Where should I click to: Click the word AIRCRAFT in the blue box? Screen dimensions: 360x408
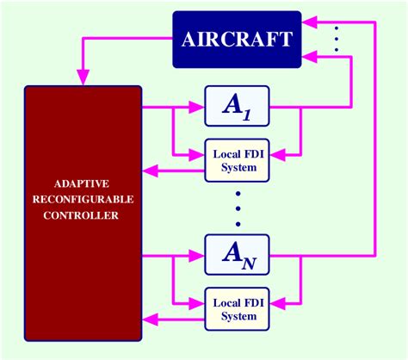coord(237,39)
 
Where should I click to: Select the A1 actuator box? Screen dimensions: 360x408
coord(237,107)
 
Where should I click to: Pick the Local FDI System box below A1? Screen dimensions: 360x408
coord(237,160)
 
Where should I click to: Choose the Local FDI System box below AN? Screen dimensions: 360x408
coord(237,309)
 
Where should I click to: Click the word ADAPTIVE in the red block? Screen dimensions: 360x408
coord(83,184)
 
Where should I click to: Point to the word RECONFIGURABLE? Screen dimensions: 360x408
coord(83,200)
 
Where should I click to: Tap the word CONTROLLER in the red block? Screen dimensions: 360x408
coord(83,215)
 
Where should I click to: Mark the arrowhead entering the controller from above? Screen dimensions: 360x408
coord(83,78)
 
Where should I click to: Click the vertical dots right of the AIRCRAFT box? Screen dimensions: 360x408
coord(336,39)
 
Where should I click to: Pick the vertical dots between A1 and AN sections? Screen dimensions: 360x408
coord(237,207)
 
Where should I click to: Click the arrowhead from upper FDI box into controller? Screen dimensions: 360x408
coord(150,171)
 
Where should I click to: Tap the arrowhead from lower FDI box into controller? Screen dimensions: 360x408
coord(150,320)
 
